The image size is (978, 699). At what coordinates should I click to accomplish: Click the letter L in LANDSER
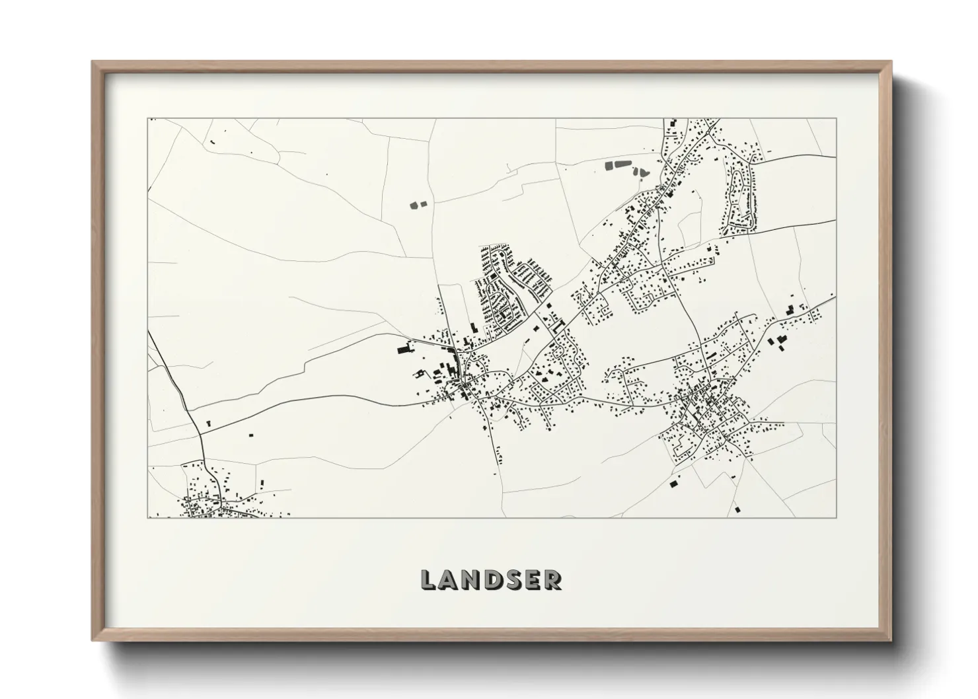coord(428,580)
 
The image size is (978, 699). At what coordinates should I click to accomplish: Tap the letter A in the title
coord(449,580)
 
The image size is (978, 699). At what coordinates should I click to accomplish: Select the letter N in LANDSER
coord(472,580)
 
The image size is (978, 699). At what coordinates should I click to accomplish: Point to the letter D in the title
coord(494,580)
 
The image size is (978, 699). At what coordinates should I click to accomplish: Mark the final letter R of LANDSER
coord(553,580)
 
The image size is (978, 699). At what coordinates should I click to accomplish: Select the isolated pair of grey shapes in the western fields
coord(418,205)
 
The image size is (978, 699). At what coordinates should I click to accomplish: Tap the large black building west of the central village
coord(402,349)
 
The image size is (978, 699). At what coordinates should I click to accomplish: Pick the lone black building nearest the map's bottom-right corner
coord(736,509)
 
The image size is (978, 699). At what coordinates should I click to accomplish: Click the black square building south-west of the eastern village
coord(674,484)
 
